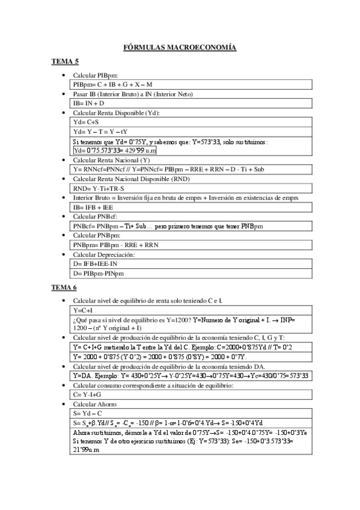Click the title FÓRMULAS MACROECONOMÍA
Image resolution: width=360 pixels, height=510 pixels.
[180, 47]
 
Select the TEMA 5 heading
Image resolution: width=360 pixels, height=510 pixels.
[64, 62]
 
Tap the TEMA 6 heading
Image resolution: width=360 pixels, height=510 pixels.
[64, 288]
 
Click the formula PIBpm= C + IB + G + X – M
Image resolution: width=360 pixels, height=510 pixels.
[109, 85]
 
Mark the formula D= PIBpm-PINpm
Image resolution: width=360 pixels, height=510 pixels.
[97, 274]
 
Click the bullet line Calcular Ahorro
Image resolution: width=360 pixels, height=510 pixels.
[93, 404]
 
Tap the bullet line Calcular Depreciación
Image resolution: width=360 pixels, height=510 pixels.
[104, 255]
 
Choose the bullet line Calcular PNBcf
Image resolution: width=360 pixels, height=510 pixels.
[95, 217]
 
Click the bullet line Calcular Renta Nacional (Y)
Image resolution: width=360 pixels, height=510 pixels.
[112, 160]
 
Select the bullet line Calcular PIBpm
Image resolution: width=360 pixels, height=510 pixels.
[96, 76]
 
